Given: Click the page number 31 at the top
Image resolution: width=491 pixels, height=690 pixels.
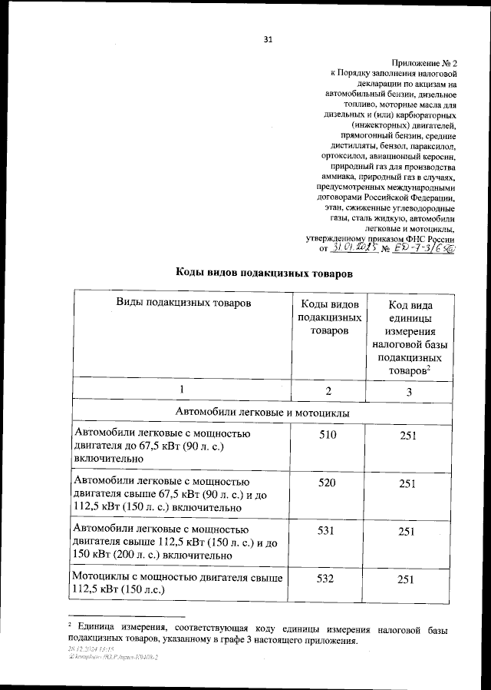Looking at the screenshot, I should tap(267, 39).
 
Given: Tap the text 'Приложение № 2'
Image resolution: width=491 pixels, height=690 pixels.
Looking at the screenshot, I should tap(423, 61).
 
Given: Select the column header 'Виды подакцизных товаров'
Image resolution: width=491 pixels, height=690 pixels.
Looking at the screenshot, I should tap(183, 303).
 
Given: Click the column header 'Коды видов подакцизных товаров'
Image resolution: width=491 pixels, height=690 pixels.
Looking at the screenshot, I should tap(328, 317).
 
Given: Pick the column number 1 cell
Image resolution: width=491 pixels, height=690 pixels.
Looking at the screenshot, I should tap(182, 390).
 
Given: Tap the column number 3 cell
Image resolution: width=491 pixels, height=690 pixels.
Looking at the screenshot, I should tap(408, 392).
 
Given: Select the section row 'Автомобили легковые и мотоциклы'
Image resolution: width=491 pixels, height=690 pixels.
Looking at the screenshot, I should tap(263, 413).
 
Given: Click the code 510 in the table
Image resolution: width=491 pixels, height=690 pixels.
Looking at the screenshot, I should tap(328, 436).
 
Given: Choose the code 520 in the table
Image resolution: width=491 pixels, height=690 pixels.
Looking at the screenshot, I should tap(328, 483).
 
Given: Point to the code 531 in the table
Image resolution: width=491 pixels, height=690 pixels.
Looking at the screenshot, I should tap(328, 531).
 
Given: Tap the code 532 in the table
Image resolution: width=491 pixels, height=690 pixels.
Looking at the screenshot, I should tap(328, 578).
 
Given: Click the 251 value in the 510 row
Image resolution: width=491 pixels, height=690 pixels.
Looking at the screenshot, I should tap(408, 436).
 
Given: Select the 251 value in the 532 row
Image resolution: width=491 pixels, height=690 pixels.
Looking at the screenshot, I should tap(408, 578).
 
